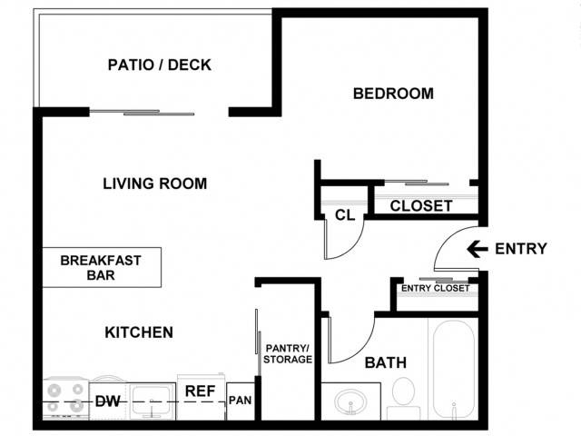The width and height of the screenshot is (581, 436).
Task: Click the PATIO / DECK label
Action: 160,64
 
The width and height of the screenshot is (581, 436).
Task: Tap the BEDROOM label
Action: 393,94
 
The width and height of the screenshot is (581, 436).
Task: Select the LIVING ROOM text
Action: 155,183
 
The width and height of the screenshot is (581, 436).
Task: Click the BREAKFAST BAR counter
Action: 102,267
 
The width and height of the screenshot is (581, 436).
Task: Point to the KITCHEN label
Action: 139,332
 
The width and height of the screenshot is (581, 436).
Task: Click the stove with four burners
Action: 65,399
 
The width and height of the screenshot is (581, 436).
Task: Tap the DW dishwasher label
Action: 107,401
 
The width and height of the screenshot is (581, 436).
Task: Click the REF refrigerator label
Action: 200,391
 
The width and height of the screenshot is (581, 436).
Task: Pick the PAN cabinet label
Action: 240,401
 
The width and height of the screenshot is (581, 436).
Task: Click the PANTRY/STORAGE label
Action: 288,353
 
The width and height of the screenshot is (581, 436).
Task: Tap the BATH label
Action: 386,362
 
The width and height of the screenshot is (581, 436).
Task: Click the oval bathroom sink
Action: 350,401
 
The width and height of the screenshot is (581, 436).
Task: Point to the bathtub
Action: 454,370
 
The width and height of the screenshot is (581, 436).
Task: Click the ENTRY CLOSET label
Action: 436,288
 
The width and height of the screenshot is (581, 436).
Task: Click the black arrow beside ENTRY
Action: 478,249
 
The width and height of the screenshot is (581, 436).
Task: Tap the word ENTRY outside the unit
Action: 521,249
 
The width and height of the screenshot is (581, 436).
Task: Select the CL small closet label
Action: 345,215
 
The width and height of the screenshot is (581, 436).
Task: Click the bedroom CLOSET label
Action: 421,206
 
